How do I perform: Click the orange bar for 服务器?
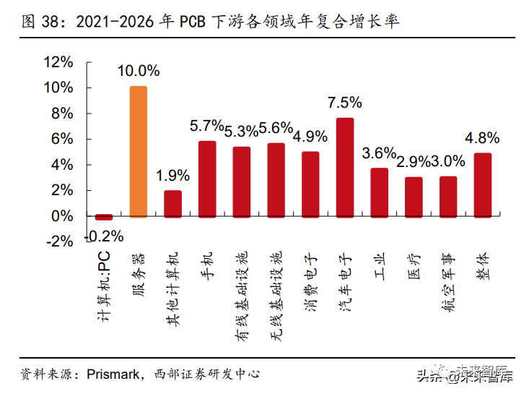138,152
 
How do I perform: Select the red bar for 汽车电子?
345,167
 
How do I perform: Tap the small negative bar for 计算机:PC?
104,217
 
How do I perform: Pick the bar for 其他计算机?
173,203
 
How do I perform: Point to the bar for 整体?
483,184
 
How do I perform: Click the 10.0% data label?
139,71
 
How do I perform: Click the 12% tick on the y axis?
59,62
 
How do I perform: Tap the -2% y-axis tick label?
59,241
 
